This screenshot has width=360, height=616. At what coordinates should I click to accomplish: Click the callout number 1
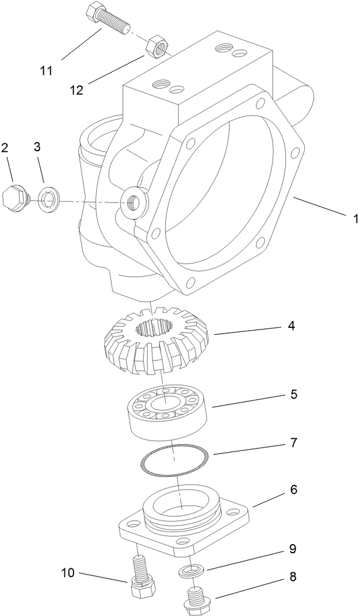[x=355, y=219]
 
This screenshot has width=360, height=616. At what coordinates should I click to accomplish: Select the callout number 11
[x=47, y=71]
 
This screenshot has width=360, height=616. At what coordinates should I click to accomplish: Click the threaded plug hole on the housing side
[x=135, y=201]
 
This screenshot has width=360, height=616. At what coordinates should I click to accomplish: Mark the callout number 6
[x=293, y=490]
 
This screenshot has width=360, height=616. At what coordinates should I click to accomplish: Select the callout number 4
[x=292, y=327]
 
